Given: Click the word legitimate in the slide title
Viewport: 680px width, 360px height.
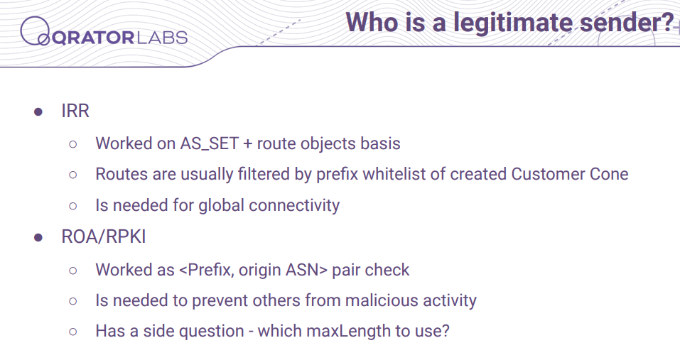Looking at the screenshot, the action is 514,23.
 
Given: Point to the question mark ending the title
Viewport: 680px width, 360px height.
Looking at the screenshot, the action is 667,22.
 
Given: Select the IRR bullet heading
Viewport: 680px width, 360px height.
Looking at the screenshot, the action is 75,111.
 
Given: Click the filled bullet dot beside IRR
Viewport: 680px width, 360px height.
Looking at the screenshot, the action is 38,111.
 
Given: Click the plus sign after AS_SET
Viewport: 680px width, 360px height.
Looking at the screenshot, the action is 247,144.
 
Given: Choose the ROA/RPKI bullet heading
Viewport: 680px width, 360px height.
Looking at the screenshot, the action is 103,236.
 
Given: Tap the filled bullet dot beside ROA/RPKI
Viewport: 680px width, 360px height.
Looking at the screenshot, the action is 38,237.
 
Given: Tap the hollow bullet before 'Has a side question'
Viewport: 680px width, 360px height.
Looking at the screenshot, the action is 73,332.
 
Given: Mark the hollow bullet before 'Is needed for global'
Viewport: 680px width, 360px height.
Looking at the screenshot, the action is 73,206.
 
